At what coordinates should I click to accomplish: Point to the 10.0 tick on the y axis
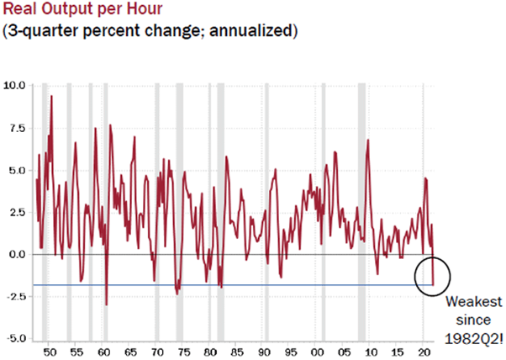coord(14,85)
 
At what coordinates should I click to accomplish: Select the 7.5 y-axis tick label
coord(16,127)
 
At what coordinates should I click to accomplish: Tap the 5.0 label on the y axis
coord(16,170)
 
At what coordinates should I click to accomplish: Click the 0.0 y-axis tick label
coord(16,254)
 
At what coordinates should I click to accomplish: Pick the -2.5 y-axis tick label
coord(14,296)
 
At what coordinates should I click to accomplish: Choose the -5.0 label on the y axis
coord(14,338)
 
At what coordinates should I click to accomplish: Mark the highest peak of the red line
coord(51,96)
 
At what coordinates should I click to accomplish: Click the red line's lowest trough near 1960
coord(107,304)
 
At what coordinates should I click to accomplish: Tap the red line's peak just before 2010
coord(368,140)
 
